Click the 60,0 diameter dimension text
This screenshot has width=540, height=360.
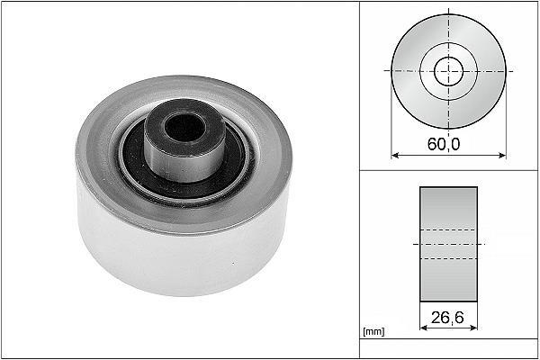click(x=444, y=144)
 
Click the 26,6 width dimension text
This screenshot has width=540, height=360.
click(x=447, y=318)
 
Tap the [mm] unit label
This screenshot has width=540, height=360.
click(x=373, y=331)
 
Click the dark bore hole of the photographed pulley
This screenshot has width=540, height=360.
click(x=184, y=128)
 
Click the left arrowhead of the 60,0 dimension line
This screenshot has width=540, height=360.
click(x=395, y=156)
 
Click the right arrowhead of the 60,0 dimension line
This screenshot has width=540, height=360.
click(x=502, y=156)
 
